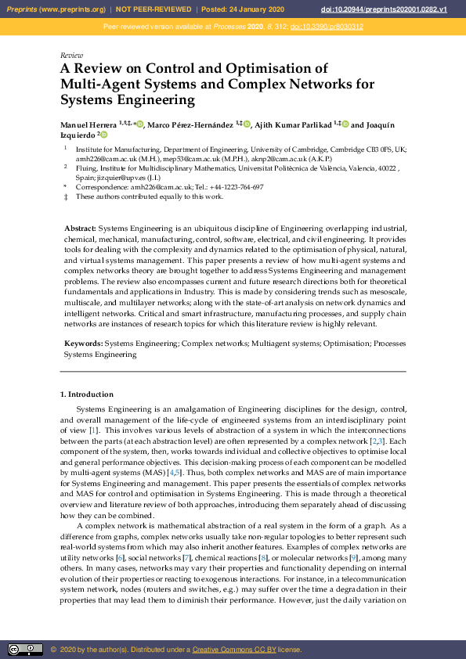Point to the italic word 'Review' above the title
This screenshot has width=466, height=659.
[71, 56]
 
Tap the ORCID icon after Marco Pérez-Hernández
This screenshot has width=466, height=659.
[247, 124]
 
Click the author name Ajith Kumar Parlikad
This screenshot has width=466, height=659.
[293, 124]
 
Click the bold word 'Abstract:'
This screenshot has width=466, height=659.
[81, 227]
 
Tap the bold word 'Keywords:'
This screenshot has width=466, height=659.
[83, 344]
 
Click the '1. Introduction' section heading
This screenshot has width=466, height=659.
[87, 394]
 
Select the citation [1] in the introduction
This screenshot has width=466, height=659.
[93, 430]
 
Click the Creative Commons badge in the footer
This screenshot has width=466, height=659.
[25, 650]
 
